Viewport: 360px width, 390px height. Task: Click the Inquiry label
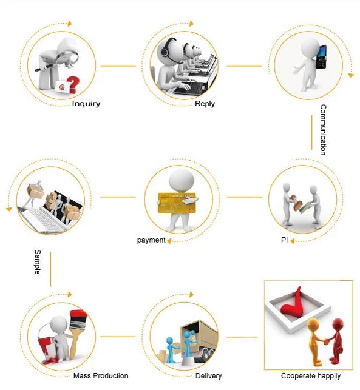tap(86, 104)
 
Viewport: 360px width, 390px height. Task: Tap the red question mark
tap(73, 85)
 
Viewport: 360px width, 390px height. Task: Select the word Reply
tap(205, 104)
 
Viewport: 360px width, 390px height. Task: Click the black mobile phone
tap(321, 57)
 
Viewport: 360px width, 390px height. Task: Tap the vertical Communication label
tap(323, 130)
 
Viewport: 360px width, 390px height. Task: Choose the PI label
tap(284, 240)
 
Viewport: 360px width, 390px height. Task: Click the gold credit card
tap(177, 203)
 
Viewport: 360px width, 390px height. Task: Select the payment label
tap(151, 240)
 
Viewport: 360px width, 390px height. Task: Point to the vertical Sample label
tap(38, 262)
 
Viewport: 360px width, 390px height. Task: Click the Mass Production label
tap(101, 375)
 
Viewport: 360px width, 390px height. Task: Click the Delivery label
tap(208, 376)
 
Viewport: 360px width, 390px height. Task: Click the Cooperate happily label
tap(311, 376)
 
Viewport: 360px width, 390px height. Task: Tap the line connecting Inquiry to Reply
tap(118, 66)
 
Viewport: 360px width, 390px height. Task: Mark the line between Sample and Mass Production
tap(50, 269)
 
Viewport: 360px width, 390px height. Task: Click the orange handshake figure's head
tap(313, 324)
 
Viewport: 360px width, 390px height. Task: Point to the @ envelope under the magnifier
tap(63, 87)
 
